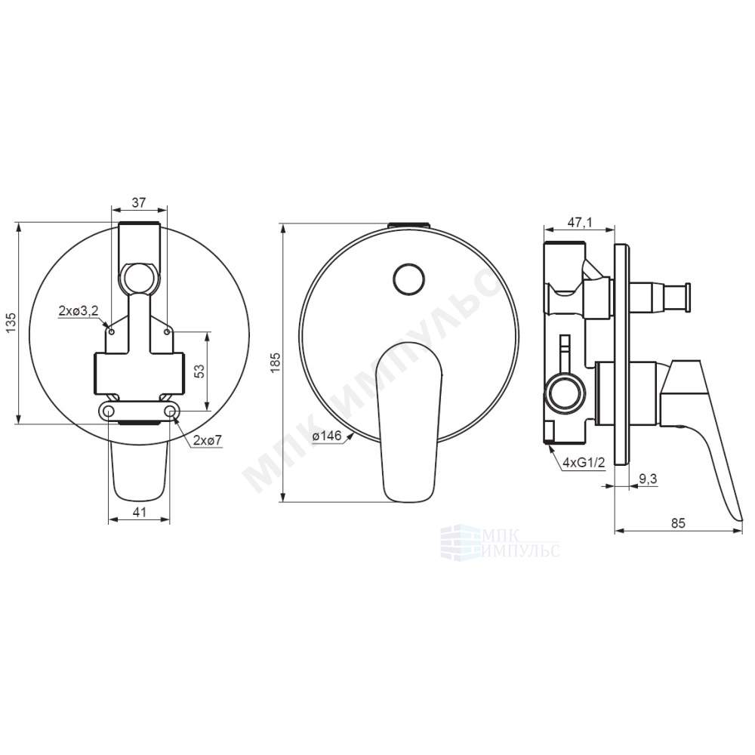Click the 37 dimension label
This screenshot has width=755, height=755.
tap(139, 202)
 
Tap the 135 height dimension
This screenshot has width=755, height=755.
tap(11, 322)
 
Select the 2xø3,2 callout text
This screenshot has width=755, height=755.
tap(79, 311)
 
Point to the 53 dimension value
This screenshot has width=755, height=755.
tap(200, 370)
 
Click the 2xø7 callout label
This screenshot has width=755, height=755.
tap(208, 439)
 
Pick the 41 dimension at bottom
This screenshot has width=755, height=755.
tap(139, 512)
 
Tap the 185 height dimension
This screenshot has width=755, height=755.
tap(276, 362)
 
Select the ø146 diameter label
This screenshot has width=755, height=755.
tap(326, 436)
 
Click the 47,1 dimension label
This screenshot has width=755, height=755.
tap(579, 222)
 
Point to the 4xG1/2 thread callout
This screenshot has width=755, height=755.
tap(584, 464)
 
